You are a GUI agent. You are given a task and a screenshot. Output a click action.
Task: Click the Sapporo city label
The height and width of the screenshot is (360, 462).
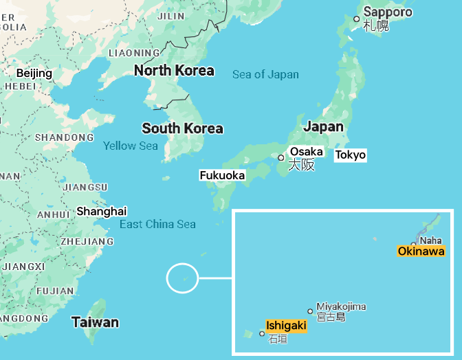click(388, 12)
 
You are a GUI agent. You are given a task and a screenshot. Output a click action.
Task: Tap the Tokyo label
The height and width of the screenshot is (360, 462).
click(351, 155)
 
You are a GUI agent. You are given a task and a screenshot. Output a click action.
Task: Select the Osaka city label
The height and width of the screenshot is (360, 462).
click(307, 152)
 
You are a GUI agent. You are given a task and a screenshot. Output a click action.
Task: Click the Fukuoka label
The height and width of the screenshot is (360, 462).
click(222, 175)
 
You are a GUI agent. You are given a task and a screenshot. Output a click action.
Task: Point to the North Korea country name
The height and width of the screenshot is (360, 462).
click(174, 71)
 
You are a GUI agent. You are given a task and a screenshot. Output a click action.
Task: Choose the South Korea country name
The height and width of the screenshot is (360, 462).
click(182, 128)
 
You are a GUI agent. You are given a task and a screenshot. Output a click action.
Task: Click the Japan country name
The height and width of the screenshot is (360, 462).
click(323, 126)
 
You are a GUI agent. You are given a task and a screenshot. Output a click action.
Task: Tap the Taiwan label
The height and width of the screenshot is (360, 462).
click(95, 322)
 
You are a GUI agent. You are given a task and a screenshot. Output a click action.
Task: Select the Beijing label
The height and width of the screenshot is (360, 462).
click(34, 74)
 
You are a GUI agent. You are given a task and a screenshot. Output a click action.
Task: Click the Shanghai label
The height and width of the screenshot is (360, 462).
click(102, 211)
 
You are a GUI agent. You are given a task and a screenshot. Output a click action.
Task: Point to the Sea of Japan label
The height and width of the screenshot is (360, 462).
click(265, 74)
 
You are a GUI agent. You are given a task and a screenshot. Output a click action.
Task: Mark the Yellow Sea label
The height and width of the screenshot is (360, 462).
click(131, 146)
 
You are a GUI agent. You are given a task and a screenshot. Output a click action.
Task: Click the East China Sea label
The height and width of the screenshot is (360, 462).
click(157, 224)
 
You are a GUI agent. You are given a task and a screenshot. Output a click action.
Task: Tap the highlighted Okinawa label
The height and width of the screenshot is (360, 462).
click(421, 251)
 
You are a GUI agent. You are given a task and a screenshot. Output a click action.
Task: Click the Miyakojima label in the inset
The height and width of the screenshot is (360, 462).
click(341, 306)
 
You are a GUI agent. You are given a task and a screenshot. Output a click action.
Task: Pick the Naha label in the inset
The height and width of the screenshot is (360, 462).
click(430, 240)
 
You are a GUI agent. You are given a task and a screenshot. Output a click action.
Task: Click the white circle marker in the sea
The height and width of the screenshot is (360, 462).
click(182, 279)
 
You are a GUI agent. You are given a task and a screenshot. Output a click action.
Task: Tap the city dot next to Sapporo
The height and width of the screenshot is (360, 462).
click(357, 19)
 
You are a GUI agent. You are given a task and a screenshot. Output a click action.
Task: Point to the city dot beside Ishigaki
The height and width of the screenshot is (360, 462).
click(262, 334)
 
